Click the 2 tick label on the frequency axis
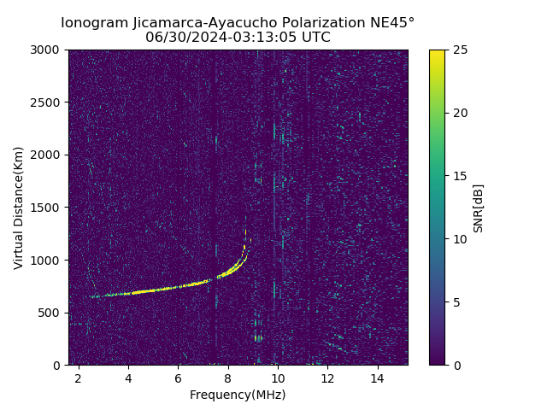pos(79,378)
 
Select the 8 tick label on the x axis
pos(228,378)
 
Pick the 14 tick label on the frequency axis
pos(377,378)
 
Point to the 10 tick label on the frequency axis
pos(278,378)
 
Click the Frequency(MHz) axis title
pos(238,395)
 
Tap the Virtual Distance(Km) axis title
pos(18,208)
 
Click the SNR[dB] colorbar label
pos(479,208)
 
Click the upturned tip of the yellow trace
pos(244,248)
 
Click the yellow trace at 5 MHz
pos(153,290)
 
